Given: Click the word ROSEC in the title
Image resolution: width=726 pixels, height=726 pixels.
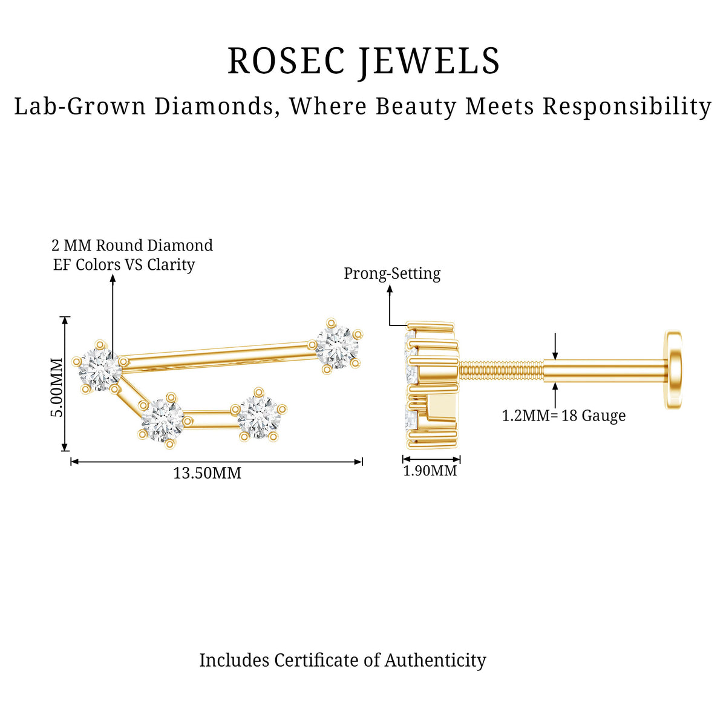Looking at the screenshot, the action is (x=286, y=60).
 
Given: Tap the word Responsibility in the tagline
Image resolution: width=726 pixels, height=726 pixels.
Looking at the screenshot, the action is (x=627, y=106).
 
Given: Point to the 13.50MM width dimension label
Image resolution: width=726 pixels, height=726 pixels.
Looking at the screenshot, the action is (x=207, y=473).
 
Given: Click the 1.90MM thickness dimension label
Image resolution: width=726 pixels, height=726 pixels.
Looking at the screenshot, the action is (x=430, y=471).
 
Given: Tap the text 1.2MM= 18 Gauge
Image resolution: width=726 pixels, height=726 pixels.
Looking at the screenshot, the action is (x=564, y=416).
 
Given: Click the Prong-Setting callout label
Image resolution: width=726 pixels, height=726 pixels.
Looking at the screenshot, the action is (x=392, y=273).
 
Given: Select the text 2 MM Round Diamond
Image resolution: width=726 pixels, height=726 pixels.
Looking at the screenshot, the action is (x=132, y=245).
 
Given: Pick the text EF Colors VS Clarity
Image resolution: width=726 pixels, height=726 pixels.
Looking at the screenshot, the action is (x=124, y=264).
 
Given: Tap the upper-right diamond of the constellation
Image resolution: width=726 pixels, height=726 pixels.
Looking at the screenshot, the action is (x=337, y=345).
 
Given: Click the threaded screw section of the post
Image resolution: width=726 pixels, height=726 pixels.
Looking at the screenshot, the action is (x=501, y=371).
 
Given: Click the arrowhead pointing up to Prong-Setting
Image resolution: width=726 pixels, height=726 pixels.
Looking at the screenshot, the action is (x=390, y=289).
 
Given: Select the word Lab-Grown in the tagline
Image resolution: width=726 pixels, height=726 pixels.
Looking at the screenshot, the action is (x=80, y=106).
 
